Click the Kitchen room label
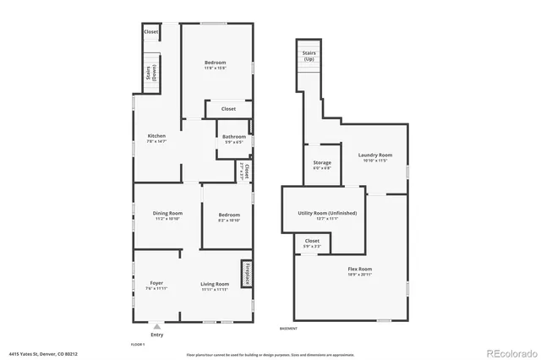click(x=156, y=136)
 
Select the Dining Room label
click(x=167, y=213)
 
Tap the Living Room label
click(x=215, y=284)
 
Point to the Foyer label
click(x=156, y=283)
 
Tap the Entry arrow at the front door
click(x=156, y=325)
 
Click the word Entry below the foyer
click(x=156, y=335)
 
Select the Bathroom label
click(x=234, y=137)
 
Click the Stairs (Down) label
click(x=149, y=73)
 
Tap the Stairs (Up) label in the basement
click(x=309, y=57)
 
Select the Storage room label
click(x=322, y=162)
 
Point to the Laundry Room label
click(x=374, y=155)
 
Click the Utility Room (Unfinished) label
click(x=327, y=214)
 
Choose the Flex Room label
click(x=359, y=270)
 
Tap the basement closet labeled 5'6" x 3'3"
click(x=312, y=242)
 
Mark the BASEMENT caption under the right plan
click(x=288, y=328)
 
